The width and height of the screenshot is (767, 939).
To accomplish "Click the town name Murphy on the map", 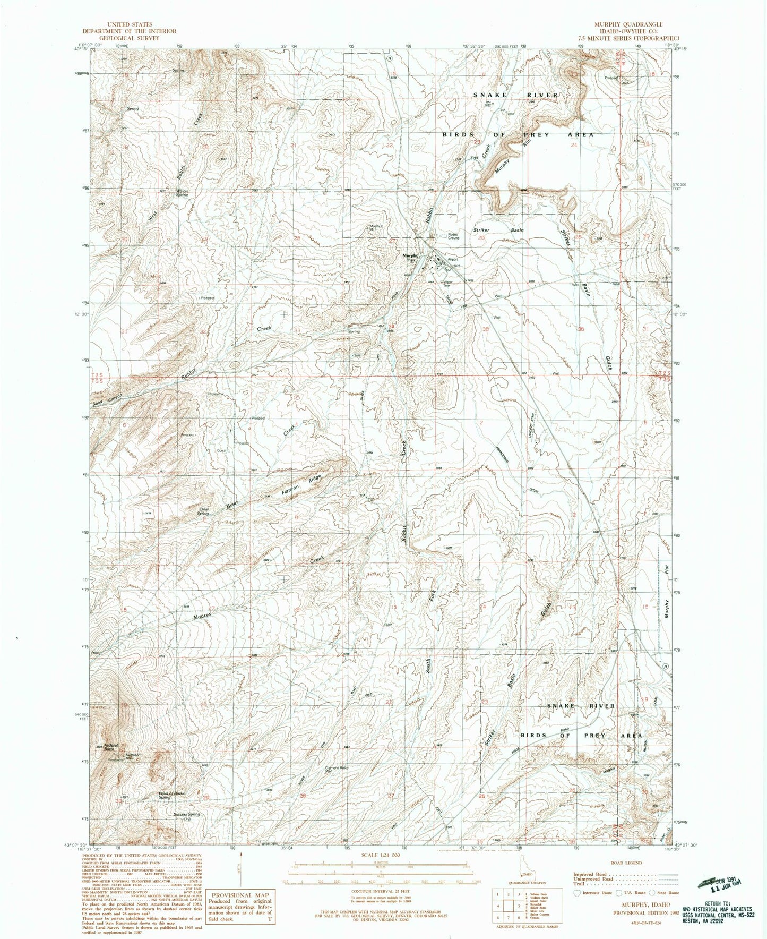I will [410, 255].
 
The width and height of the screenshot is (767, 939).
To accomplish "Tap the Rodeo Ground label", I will [453, 236].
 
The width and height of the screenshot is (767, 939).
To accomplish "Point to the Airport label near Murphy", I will [452, 260].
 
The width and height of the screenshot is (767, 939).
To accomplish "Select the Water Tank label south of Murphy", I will [447, 283].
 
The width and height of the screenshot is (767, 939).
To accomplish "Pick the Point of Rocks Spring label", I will [171, 795].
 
